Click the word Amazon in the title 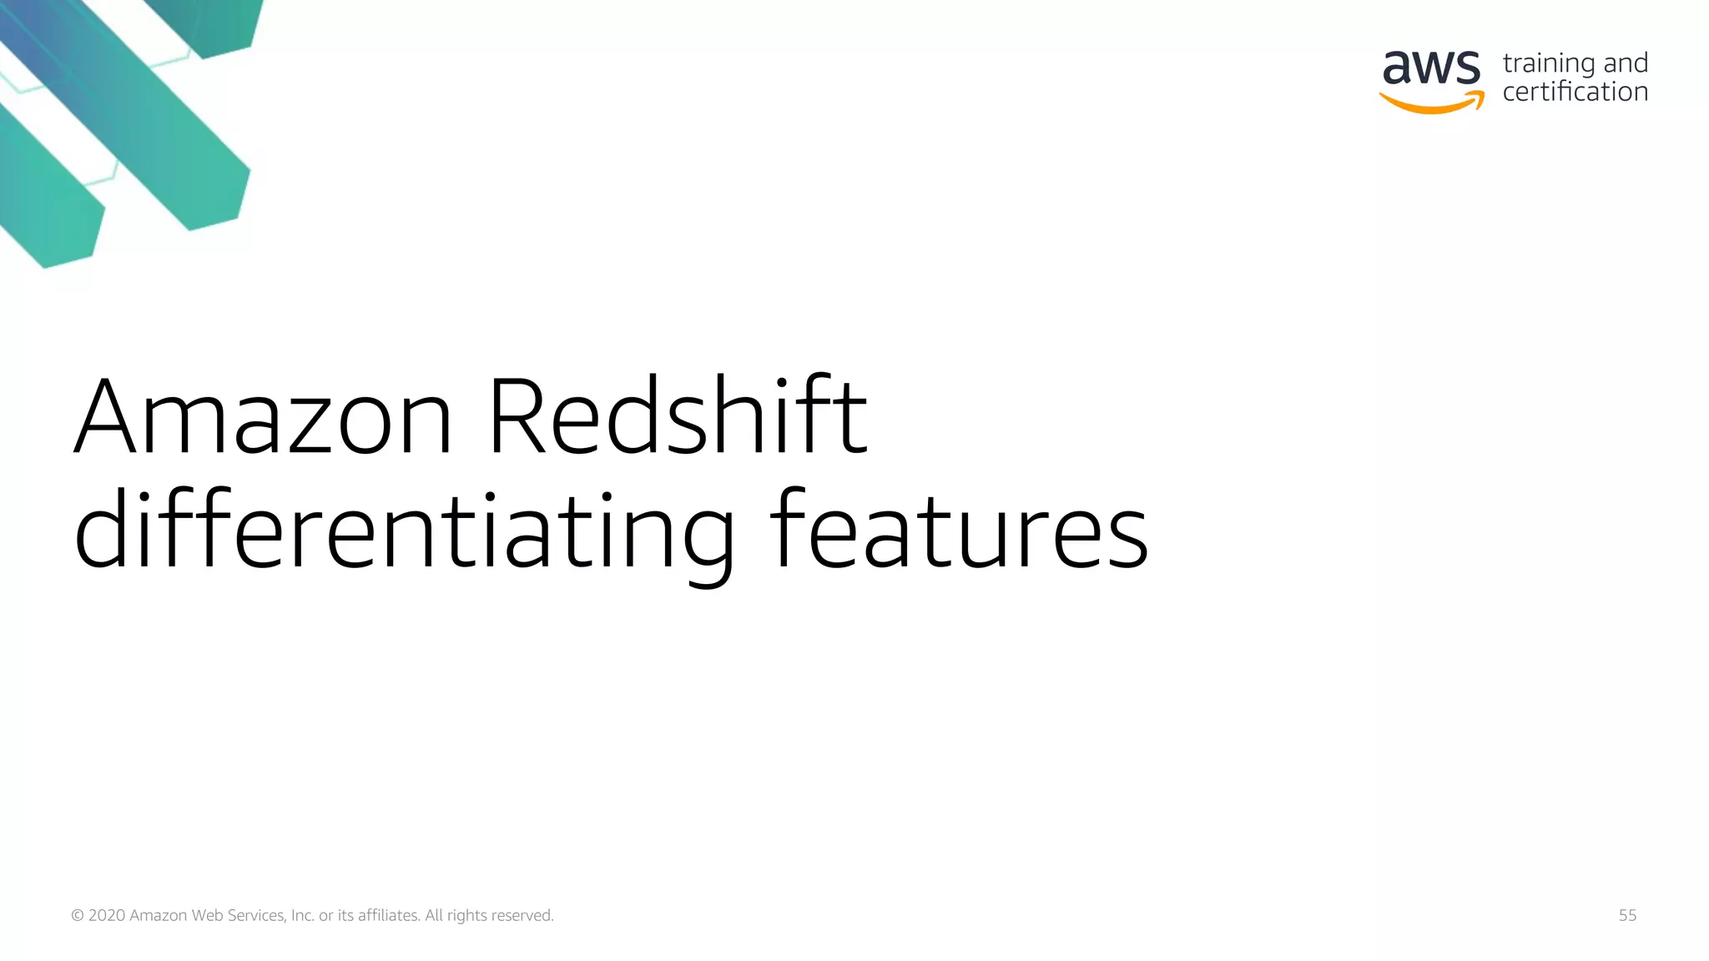pyautogui.click(x=264, y=417)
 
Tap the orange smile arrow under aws pyautogui.click(x=1432, y=103)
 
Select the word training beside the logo pyautogui.click(x=1549, y=63)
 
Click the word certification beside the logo pyautogui.click(x=1575, y=92)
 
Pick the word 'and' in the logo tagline pyautogui.click(x=1626, y=63)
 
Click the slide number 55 pyautogui.click(x=1627, y=915)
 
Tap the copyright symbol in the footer pyautogui.click(x=78, y=916)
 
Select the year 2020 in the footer pyautogui.click(x=107, y=916)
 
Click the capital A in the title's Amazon pyautogui.click(x=105, y=417)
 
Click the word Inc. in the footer pyautogui.click(x=302, y=916)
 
